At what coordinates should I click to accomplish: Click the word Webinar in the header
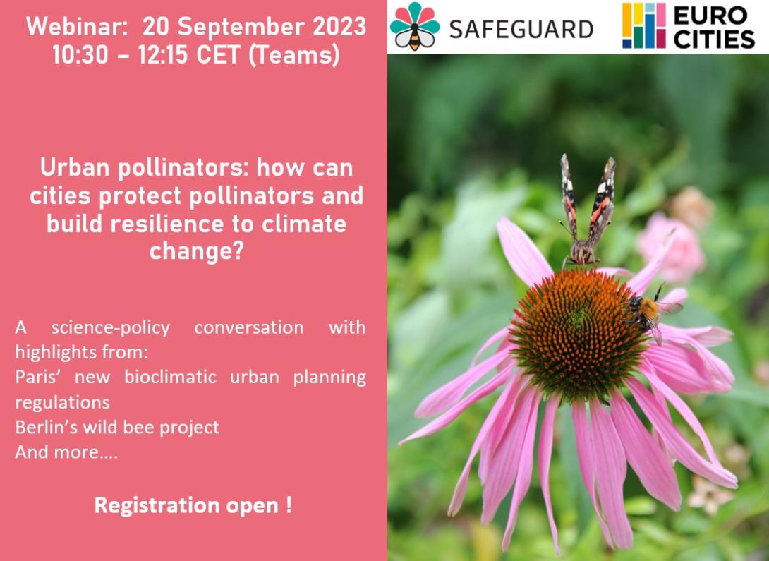(76, 27)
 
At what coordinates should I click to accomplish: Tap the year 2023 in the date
(340, 27)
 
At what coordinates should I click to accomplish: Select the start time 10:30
(80, 54)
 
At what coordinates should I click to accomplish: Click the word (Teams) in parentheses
(294, 55)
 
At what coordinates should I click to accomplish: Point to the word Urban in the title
(75, 168)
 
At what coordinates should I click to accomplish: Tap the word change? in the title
(196, 253)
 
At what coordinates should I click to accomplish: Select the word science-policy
(110, 328)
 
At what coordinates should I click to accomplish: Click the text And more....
(66, 452)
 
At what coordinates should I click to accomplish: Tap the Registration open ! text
(193, 505)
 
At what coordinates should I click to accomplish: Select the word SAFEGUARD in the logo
(521, 30)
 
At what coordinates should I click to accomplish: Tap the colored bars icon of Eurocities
(644, 26)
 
